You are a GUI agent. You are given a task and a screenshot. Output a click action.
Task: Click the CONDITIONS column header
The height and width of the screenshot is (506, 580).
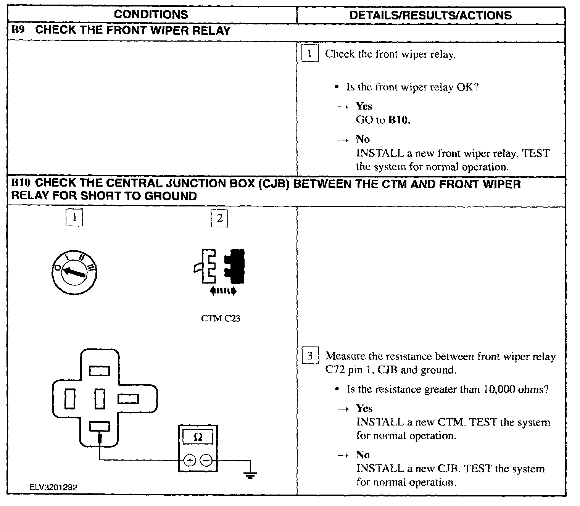tap(151, 15)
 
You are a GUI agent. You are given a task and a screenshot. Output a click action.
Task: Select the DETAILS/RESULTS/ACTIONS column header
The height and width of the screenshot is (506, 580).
tap(430, 15)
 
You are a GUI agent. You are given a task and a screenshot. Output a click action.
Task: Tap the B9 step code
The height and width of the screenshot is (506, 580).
tap(18, 30)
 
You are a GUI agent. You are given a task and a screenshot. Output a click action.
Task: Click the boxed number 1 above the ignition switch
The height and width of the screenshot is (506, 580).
tap(74, 218)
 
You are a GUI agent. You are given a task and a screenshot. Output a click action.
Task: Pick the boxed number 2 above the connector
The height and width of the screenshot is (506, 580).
tap(219, 218)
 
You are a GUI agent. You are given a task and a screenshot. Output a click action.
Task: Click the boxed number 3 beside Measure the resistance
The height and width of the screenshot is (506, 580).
tap(309, 356)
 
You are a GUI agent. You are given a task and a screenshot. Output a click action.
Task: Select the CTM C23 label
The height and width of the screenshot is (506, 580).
tap(221, 318)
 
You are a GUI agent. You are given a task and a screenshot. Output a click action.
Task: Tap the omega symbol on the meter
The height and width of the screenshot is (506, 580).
tap(198, 437)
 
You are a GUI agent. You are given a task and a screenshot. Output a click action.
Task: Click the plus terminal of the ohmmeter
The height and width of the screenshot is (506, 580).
tap(190, 461)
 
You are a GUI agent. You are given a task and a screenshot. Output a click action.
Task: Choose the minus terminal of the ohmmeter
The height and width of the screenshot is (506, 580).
tap(206, 461)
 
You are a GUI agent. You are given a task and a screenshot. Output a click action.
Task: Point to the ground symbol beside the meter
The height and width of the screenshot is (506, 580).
tap(250, 475)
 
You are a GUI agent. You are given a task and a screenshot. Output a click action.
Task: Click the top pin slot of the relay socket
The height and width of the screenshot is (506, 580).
tap(100, 371)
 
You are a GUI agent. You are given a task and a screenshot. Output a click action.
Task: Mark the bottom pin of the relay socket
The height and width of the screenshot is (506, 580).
tap(100, 426)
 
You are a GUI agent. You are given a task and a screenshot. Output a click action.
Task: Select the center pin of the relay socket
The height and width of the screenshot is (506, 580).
tap(100, 399)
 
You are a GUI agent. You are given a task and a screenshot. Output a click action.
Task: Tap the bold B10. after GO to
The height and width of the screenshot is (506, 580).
tap(400, 120)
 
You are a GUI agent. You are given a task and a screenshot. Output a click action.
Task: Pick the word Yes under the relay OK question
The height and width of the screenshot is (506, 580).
tap(364, 106)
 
